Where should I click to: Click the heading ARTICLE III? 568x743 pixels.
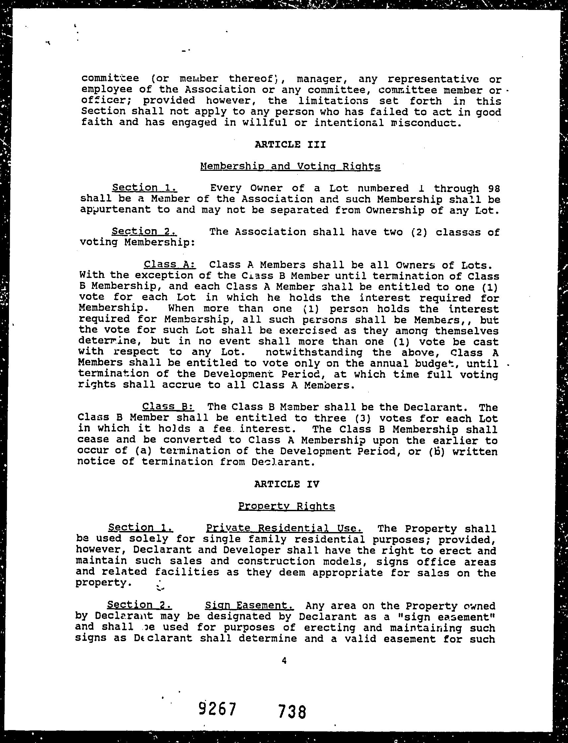pos(290,145)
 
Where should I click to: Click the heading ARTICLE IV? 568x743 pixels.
pos(286,484)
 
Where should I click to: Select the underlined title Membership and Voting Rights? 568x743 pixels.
pos(290,166)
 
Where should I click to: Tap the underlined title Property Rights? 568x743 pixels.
pos(286,506)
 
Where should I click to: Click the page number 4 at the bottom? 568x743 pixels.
pos(284,660)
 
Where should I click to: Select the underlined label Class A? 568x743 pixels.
pos(170,264)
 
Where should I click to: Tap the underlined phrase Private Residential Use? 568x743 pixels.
pos(284,528)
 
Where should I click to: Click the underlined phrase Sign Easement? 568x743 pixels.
pos(249,605)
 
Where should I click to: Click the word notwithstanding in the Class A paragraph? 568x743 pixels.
pos(314,353)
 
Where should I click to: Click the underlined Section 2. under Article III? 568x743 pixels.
pos(144,232)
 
